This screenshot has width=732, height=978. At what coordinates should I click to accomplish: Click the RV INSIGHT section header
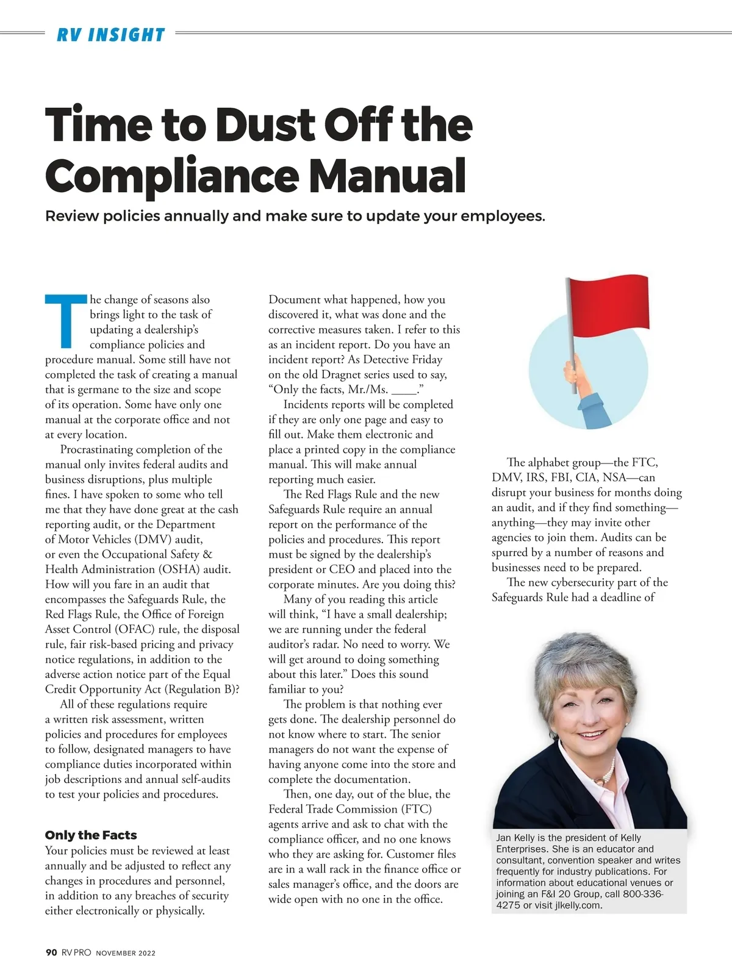[x=111, y=35]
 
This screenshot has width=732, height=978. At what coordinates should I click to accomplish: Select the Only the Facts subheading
[x=91, y=835]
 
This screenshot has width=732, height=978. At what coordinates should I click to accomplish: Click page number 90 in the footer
[x=51, y=952]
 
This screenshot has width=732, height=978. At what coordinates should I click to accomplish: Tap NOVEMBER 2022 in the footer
[x=126, y=953]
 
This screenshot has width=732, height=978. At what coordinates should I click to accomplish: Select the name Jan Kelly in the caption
[x=516, y=838]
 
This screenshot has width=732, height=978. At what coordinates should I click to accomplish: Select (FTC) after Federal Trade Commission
[x=417, y=809]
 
